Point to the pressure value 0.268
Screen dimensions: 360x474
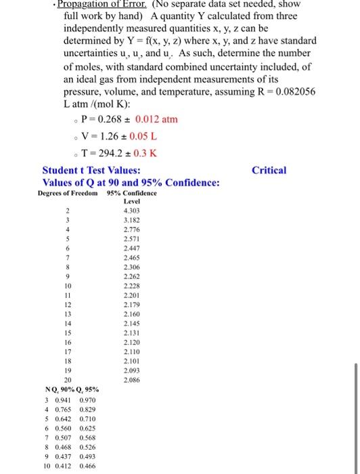108,119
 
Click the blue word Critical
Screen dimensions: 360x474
269,171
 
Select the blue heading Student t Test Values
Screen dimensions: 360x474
91,171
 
